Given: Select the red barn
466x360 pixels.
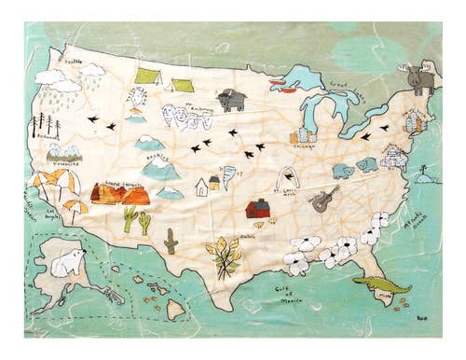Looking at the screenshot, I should [x=257, y=208].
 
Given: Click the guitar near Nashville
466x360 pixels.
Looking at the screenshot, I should [x=324, y=198].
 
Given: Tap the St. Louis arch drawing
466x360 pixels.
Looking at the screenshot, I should [x=291, y=178].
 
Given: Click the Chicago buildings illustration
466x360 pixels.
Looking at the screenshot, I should [x=303, y=135].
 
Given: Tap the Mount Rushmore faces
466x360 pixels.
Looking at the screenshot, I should [x=187, y=117].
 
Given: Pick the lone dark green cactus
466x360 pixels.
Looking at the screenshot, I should [x=171, y=241].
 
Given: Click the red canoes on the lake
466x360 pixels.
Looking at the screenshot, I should [x=278, y=81].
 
